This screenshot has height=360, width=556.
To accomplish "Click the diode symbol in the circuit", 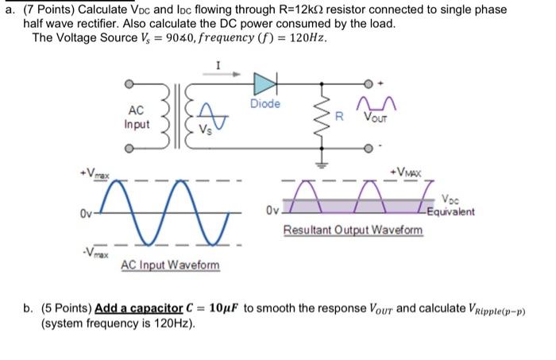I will coord(264,82).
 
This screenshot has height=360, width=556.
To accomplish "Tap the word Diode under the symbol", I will coord(264,104).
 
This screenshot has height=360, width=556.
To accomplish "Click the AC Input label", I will coord(136,118).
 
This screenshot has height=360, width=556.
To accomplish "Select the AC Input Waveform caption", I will coord(170,265).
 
